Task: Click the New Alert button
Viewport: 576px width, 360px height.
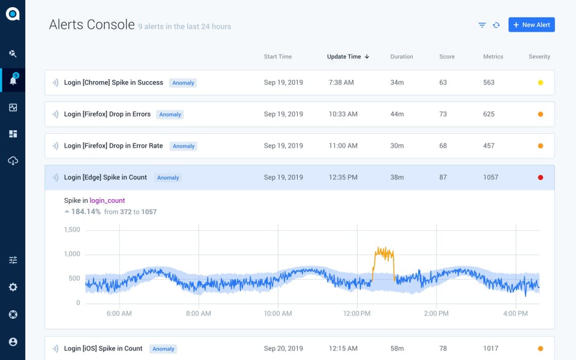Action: tap(531, 25)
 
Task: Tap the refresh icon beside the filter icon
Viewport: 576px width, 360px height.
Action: tap(496, 25)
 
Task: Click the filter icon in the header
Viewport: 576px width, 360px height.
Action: tap(482, 25)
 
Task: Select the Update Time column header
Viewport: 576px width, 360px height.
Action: tap(347, 56)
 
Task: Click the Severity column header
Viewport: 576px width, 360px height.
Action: tap(539, 56)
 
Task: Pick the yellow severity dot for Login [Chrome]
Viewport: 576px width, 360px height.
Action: tap(541, 83)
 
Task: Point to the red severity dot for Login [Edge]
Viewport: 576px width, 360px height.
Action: tap(541, 178)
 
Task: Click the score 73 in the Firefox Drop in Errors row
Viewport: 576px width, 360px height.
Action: tap(443, 114)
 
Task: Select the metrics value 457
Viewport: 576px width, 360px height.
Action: tap(489, 146)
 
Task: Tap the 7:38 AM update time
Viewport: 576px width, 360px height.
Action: tap(341, 83)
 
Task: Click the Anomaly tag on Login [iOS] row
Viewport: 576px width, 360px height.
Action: tap(163, 349)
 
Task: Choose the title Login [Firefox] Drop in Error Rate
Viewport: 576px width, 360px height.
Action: tap(113, 146)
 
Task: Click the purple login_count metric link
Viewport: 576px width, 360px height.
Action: tap(107, 200)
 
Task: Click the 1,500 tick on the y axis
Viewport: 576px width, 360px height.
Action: tap(72, 230)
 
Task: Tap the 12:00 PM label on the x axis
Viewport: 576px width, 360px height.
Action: tap(357, 314)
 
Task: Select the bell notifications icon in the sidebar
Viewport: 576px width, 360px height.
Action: tap(13, 80)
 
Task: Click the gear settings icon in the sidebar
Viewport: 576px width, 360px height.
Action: tap(13, 287)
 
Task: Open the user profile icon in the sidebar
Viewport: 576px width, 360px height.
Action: tap(13, 342)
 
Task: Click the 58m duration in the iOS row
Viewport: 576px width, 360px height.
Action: tap(397, 349)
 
